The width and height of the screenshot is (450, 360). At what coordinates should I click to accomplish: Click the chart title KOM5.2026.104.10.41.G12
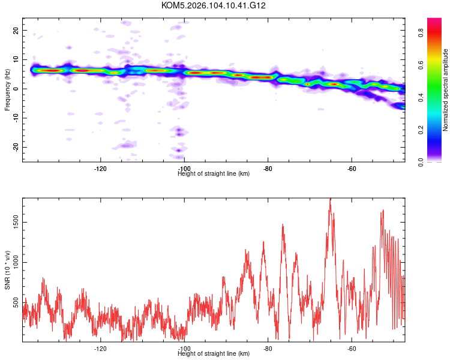(x=214, y=5)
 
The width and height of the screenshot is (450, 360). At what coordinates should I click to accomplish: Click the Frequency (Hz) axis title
(x=7, y=89)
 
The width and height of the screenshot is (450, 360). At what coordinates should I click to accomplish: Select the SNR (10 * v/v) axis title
(x=7, y=269)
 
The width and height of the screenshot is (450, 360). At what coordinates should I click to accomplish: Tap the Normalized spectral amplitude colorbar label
(x=446, y=90)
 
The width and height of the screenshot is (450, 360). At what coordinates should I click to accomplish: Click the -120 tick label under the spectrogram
(x=100, y=169)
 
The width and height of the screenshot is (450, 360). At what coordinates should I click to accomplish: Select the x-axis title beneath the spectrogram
(x=214, y=174)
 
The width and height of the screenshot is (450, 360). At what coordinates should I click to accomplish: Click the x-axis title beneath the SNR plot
(x=214, y=354)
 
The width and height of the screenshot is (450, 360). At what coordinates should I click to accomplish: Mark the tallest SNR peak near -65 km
(x=330, y=200)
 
